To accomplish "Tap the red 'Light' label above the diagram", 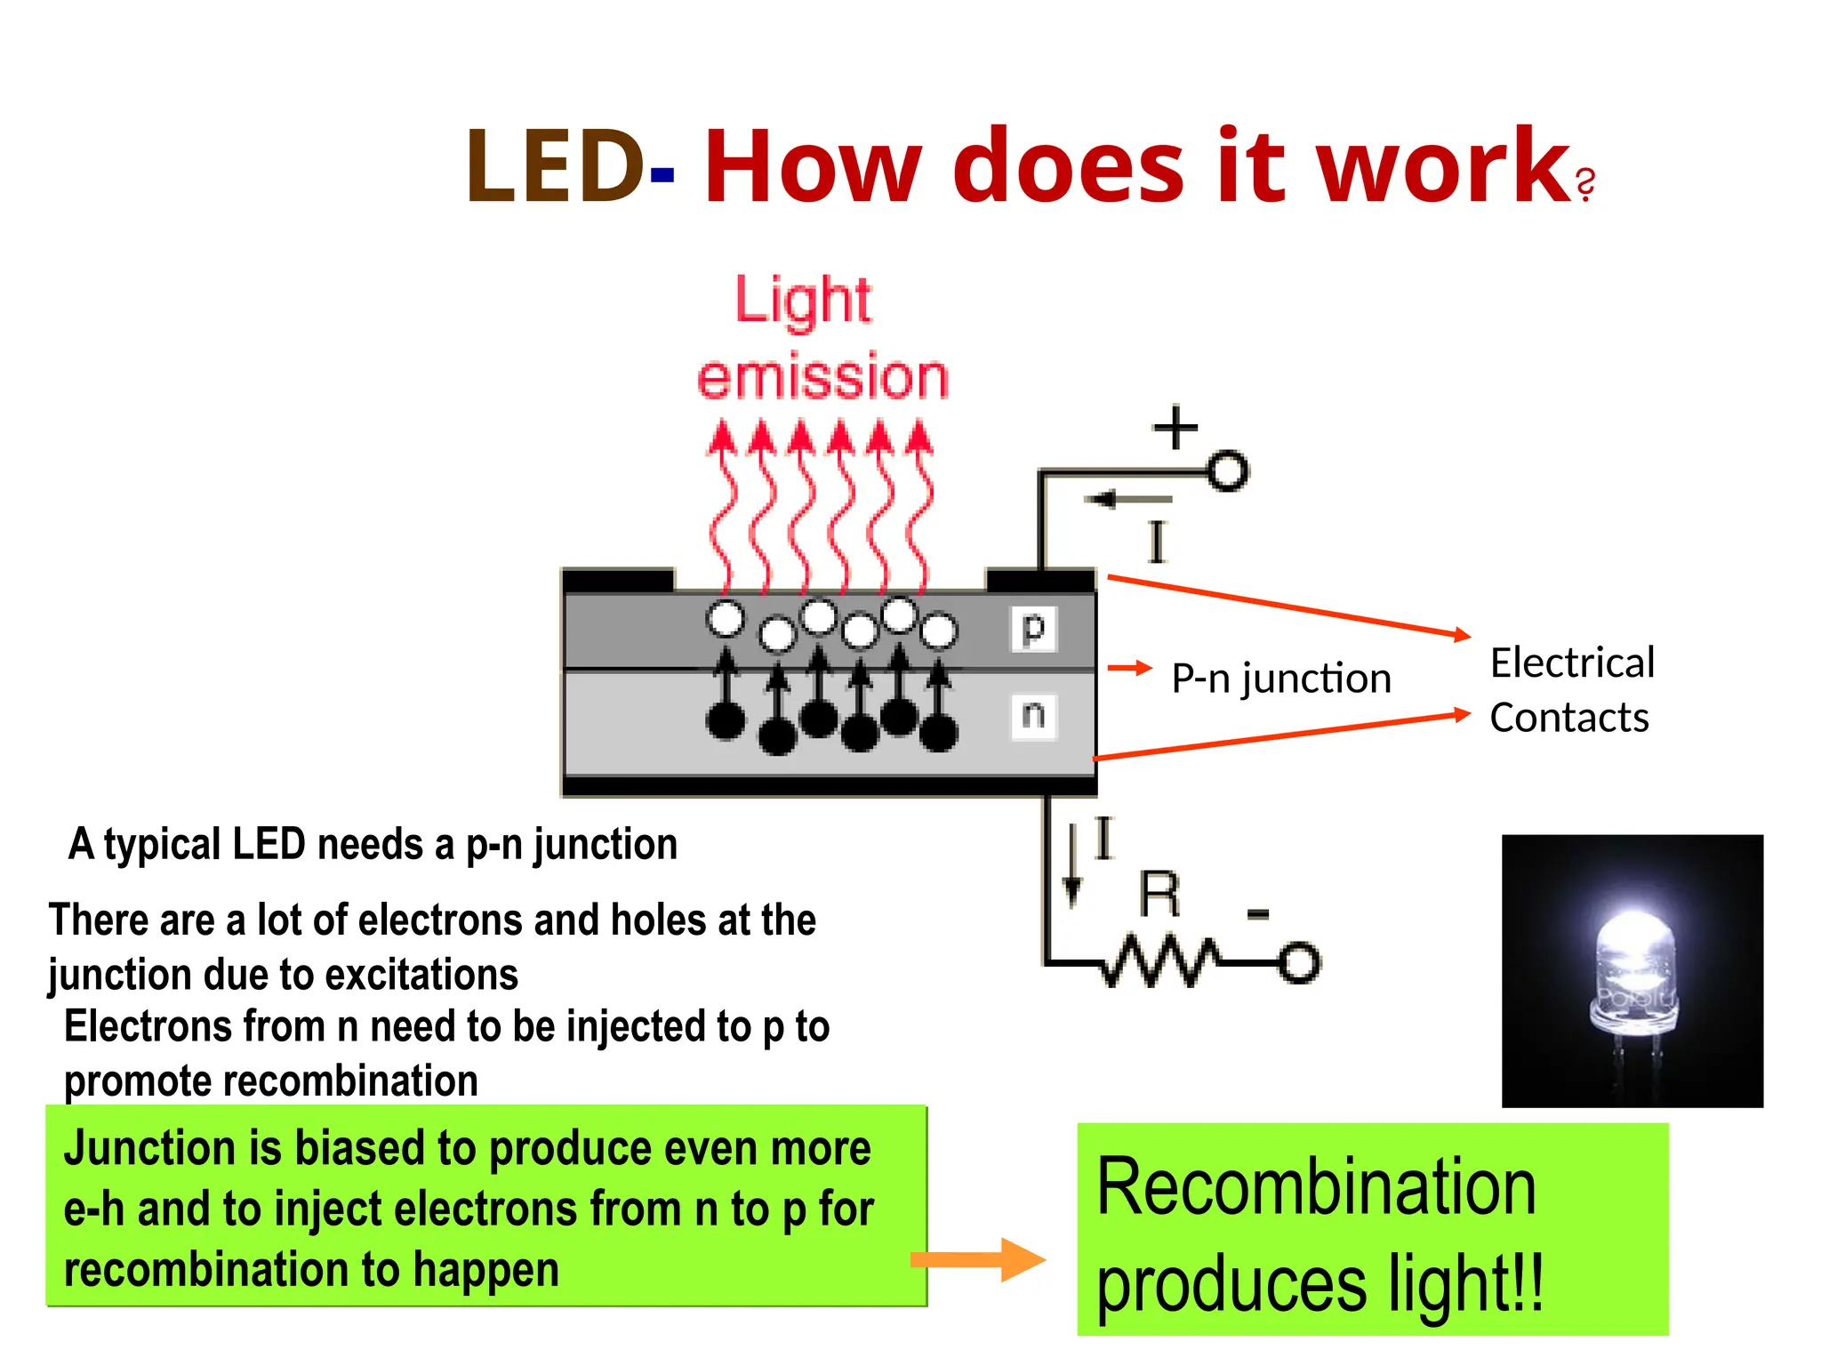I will click(803, 301).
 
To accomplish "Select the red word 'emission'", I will click(822, 377).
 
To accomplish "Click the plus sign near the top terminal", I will click(1175, 428).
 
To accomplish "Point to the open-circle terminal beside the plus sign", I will click(1228, 471).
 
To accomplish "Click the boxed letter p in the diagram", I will click(1033, 629).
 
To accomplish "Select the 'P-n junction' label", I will click(1280, 679).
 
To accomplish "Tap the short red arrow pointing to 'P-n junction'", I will click(1129, 668).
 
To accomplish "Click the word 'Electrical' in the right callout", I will click(1572, 663).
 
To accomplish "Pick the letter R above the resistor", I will click(1159, 895).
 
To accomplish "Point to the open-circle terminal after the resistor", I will click(1299, 963).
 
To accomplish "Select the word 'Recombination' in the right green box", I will click(1316, 1188).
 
